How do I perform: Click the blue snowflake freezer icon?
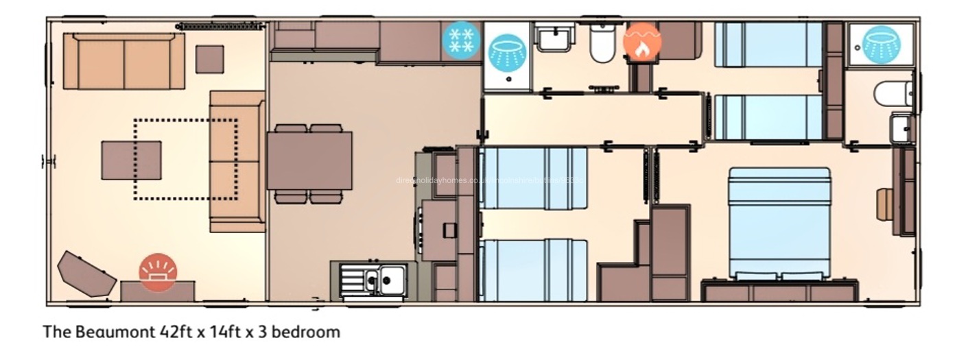461,40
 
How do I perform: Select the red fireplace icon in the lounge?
158,272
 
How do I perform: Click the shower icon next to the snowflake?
507,52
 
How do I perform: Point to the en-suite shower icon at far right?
881,44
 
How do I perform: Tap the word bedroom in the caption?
308,333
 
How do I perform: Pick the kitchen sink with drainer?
374,280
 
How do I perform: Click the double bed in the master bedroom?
779,223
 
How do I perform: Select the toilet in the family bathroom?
603,45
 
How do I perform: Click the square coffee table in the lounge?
131,160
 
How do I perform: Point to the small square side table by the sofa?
209,60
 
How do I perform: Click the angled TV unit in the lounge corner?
86,273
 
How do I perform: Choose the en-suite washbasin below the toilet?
901,128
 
